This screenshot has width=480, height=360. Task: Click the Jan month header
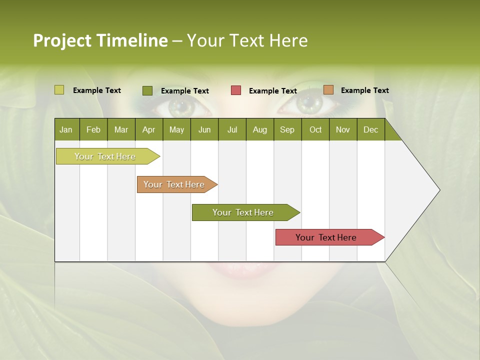66,129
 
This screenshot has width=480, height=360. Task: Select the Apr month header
148,129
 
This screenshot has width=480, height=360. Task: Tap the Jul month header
232,129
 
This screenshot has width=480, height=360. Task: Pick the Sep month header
287,129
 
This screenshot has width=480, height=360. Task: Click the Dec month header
370,129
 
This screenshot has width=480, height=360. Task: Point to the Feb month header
93,129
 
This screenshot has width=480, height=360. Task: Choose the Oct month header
315,129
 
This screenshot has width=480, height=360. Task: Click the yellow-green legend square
59,90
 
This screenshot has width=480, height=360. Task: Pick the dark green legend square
147,90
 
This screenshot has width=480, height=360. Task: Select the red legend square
236,90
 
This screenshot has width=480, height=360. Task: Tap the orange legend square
328,90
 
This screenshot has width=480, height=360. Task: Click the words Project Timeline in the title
100,40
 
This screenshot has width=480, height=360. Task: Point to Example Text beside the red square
273,91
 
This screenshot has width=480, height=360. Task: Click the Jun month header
204,129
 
